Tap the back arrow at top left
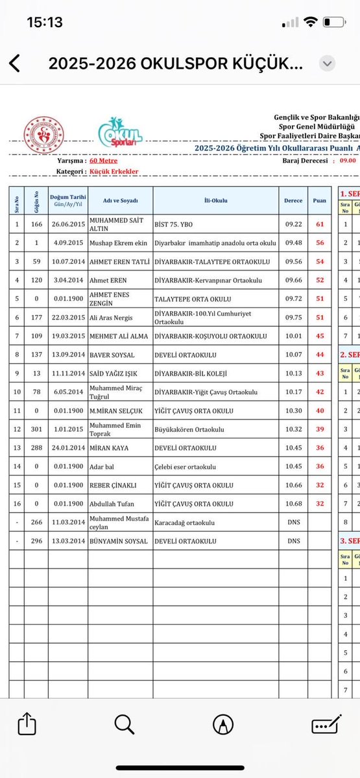coord(14,64)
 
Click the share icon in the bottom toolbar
coord(27,724)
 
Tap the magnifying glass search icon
coord(125,724)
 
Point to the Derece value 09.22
coord(293,224)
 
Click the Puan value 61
coord(319,224)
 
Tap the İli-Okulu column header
coord(215,200)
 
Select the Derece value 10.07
coord(293,355)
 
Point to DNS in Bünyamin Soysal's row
coord(293,540)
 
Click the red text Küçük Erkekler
coord(114,172)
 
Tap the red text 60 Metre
coord(103,160)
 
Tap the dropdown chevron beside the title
coord(328,64)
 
